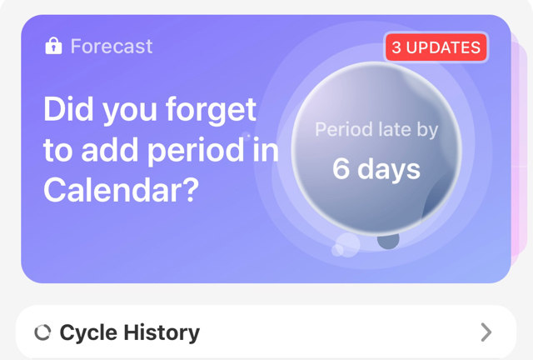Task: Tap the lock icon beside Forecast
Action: [x=53, y=46]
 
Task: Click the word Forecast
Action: [x=112, y=47]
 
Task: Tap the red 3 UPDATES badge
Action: [x=436, y=47]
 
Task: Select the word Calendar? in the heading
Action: [x=121, y=190]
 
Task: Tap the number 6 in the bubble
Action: [x=341, y=168]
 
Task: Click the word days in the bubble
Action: [x=389, y=170]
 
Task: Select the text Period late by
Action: [x=376, y=130]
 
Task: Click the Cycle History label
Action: [x=130, y=332]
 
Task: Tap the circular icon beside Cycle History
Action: [x=42, y=332]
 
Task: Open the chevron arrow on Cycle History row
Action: [x=486, y=332]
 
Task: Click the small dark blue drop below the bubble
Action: [x=388, y=240]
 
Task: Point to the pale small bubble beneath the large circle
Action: [x=346, y=245]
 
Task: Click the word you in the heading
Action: [x=130, y=112]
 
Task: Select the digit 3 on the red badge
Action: [x=396, y=47]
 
